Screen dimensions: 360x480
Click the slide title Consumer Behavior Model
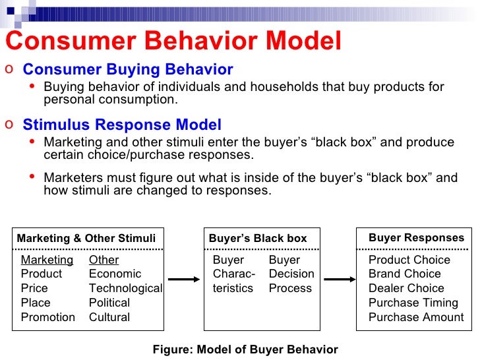(173, 42)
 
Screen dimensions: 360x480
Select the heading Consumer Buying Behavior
(128, 70)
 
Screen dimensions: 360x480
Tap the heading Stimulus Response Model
(122, 125)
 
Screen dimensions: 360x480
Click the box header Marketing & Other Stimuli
(86, 238)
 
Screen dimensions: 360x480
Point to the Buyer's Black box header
(258, 238)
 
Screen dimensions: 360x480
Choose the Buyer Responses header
(416, 237)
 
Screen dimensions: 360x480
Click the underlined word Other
(104, 260)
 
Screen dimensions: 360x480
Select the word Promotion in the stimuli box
(48, 317)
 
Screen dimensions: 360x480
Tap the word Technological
(125, 288)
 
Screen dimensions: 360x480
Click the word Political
(109, 303)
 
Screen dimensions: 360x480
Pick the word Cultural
(109, 317)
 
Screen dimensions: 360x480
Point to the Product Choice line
(409, 260)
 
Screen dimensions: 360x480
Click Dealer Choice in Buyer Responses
(406, 288)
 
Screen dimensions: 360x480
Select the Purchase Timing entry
(413, 303)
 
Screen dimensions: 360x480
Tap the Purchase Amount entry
(416, 317)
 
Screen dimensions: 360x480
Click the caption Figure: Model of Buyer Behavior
(245, 350)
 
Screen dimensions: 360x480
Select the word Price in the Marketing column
(34, 288)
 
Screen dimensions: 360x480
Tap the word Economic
(115, 274)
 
